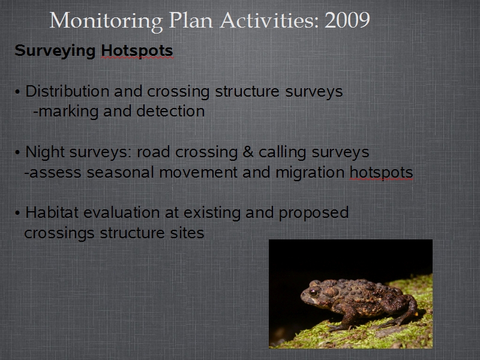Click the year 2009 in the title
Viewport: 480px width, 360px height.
coord(347,20)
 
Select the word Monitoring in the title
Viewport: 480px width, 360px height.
coord(106,22)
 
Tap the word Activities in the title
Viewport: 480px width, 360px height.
coord(269,20)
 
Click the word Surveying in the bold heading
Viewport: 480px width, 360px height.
coord(55,51)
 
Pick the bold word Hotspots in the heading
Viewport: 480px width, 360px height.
coord(137,51)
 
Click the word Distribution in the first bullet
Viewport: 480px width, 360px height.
coord(67,91)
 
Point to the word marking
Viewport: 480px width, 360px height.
coord(68,112)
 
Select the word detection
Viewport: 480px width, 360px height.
coord(170,111)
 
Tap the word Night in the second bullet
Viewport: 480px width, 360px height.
coord(45,152)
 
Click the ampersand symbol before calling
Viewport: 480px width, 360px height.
coord(248,152)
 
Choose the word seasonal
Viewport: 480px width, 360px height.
coord(120,172)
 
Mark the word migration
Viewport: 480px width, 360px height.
coord(310,173)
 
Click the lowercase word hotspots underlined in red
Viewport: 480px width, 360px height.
coord(382,173)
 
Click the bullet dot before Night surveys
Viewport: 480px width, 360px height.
coord(17,152)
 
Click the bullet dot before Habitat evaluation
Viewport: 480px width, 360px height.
coord(17,213)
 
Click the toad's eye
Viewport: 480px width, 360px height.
coord(313,292)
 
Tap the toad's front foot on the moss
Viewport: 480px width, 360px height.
coord(337,328)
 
